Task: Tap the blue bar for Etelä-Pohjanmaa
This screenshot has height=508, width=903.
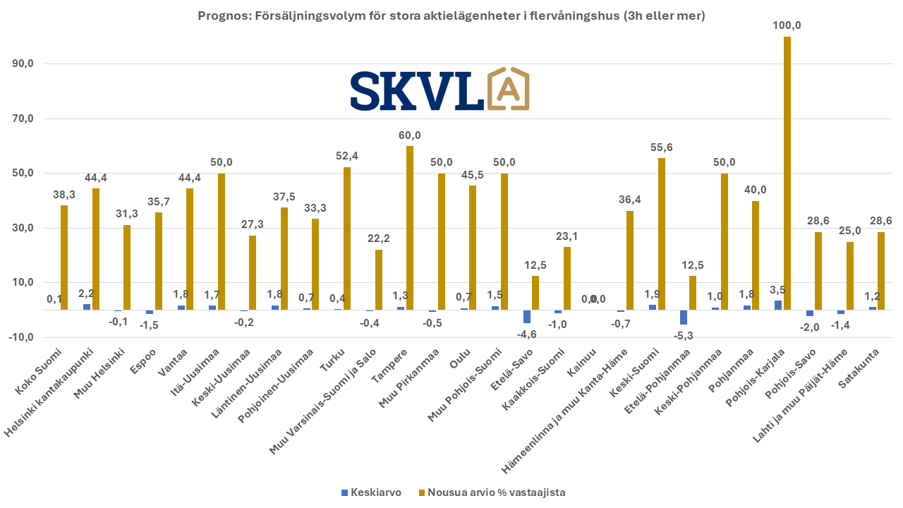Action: tap(683, 317)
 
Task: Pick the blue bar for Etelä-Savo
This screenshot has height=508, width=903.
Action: tap(526, 316)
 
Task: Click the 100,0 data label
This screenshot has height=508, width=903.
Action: tap(787, 25)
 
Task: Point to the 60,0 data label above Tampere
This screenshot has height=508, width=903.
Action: tap(409, 135)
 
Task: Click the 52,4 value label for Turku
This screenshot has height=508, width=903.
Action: tap(346, 156)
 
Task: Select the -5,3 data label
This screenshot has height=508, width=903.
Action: tap(683, 335)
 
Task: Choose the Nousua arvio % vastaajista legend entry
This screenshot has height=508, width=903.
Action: tap(491, 492)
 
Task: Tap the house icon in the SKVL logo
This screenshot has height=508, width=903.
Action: tap(508, 90)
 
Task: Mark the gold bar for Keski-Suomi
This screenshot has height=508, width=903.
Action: tap(661, 234)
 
